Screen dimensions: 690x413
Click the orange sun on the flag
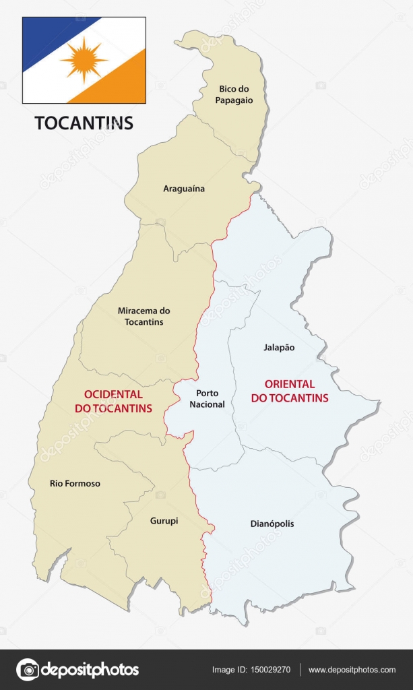(x=84, y=59)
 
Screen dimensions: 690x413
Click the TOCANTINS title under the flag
(x=84, y=123)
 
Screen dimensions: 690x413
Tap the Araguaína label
(x=184, y=189)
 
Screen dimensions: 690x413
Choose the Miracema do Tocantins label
(x=144, y=317)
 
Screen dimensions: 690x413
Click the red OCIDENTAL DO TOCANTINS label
(x=118, y=402)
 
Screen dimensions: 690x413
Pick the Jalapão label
(x=278, y=348)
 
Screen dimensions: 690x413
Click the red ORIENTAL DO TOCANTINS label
(x=290, y=391)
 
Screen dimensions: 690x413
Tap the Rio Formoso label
(x=75, y=483)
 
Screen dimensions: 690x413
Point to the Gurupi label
(x=164, y=521)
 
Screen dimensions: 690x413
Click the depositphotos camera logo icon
(x=28, y=670)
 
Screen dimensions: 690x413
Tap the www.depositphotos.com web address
(x=352, y=670)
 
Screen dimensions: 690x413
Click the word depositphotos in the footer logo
(x=90, y=670)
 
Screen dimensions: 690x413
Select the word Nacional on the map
(x=207, y=404)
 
